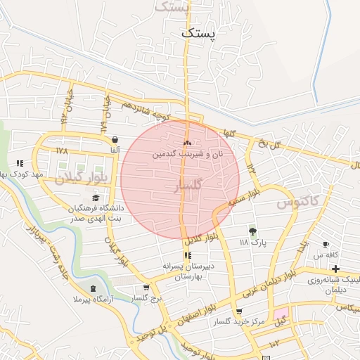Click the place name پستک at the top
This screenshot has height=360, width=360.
point(200,32)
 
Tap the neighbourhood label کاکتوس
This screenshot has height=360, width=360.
point(297,202)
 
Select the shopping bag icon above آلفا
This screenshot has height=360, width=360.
point(114,139)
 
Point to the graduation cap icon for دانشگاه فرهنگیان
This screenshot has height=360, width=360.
point(95,198)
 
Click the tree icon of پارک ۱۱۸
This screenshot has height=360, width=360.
point(252,231)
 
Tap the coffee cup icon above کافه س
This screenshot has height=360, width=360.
point(326,244)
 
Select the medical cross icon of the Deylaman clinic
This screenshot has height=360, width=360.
point(336,269)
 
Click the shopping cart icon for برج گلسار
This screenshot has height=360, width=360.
point(146,288)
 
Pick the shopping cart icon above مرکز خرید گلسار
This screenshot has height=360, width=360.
point(240,311)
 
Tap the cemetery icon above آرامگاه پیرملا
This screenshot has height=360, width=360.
point(94,289)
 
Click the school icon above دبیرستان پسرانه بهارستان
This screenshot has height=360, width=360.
point(187,255)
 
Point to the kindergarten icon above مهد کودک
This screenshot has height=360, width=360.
point(20,163)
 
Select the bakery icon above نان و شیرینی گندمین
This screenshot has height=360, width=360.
point(187,143)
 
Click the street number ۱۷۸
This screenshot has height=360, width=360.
point(62,151)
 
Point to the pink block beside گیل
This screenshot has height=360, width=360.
point(281,312)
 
